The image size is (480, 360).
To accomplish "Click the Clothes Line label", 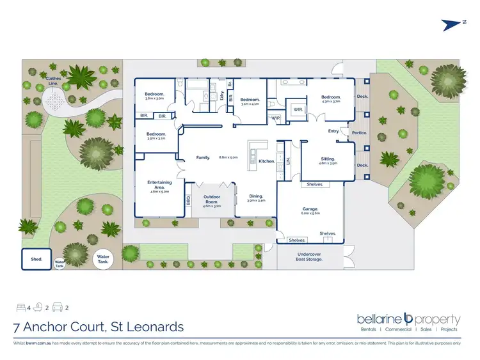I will [x=54, y=81].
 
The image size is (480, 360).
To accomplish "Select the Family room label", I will [x=203, y=157].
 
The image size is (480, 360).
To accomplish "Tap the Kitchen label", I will [x=266, y=161].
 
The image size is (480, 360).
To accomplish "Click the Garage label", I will [x=310, y=210].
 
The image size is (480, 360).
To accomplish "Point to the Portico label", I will [x=359, y=134].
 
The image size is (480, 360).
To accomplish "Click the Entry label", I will [x=333, y=131].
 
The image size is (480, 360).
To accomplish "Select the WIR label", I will [x=297, y=109].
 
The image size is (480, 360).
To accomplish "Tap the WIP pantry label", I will [x=275, y=118].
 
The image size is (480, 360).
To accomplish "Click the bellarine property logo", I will [x=408, y=320].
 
